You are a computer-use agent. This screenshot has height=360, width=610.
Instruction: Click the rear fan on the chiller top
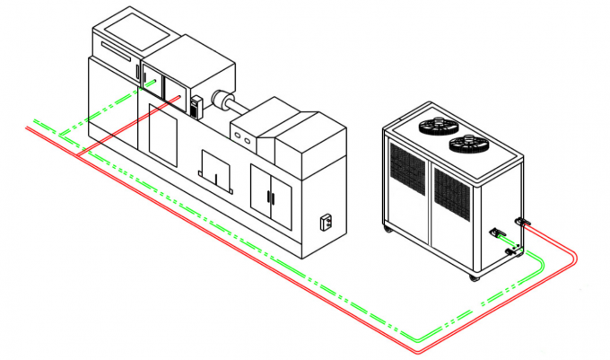click(436, 126)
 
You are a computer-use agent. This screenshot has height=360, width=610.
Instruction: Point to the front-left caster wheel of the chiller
click(388, 231)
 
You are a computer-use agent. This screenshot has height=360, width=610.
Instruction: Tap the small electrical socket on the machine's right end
click(327, 221)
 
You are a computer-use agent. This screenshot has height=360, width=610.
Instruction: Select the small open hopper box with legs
click(217, 171)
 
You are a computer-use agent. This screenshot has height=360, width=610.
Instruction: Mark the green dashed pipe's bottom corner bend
click(414, 338)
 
